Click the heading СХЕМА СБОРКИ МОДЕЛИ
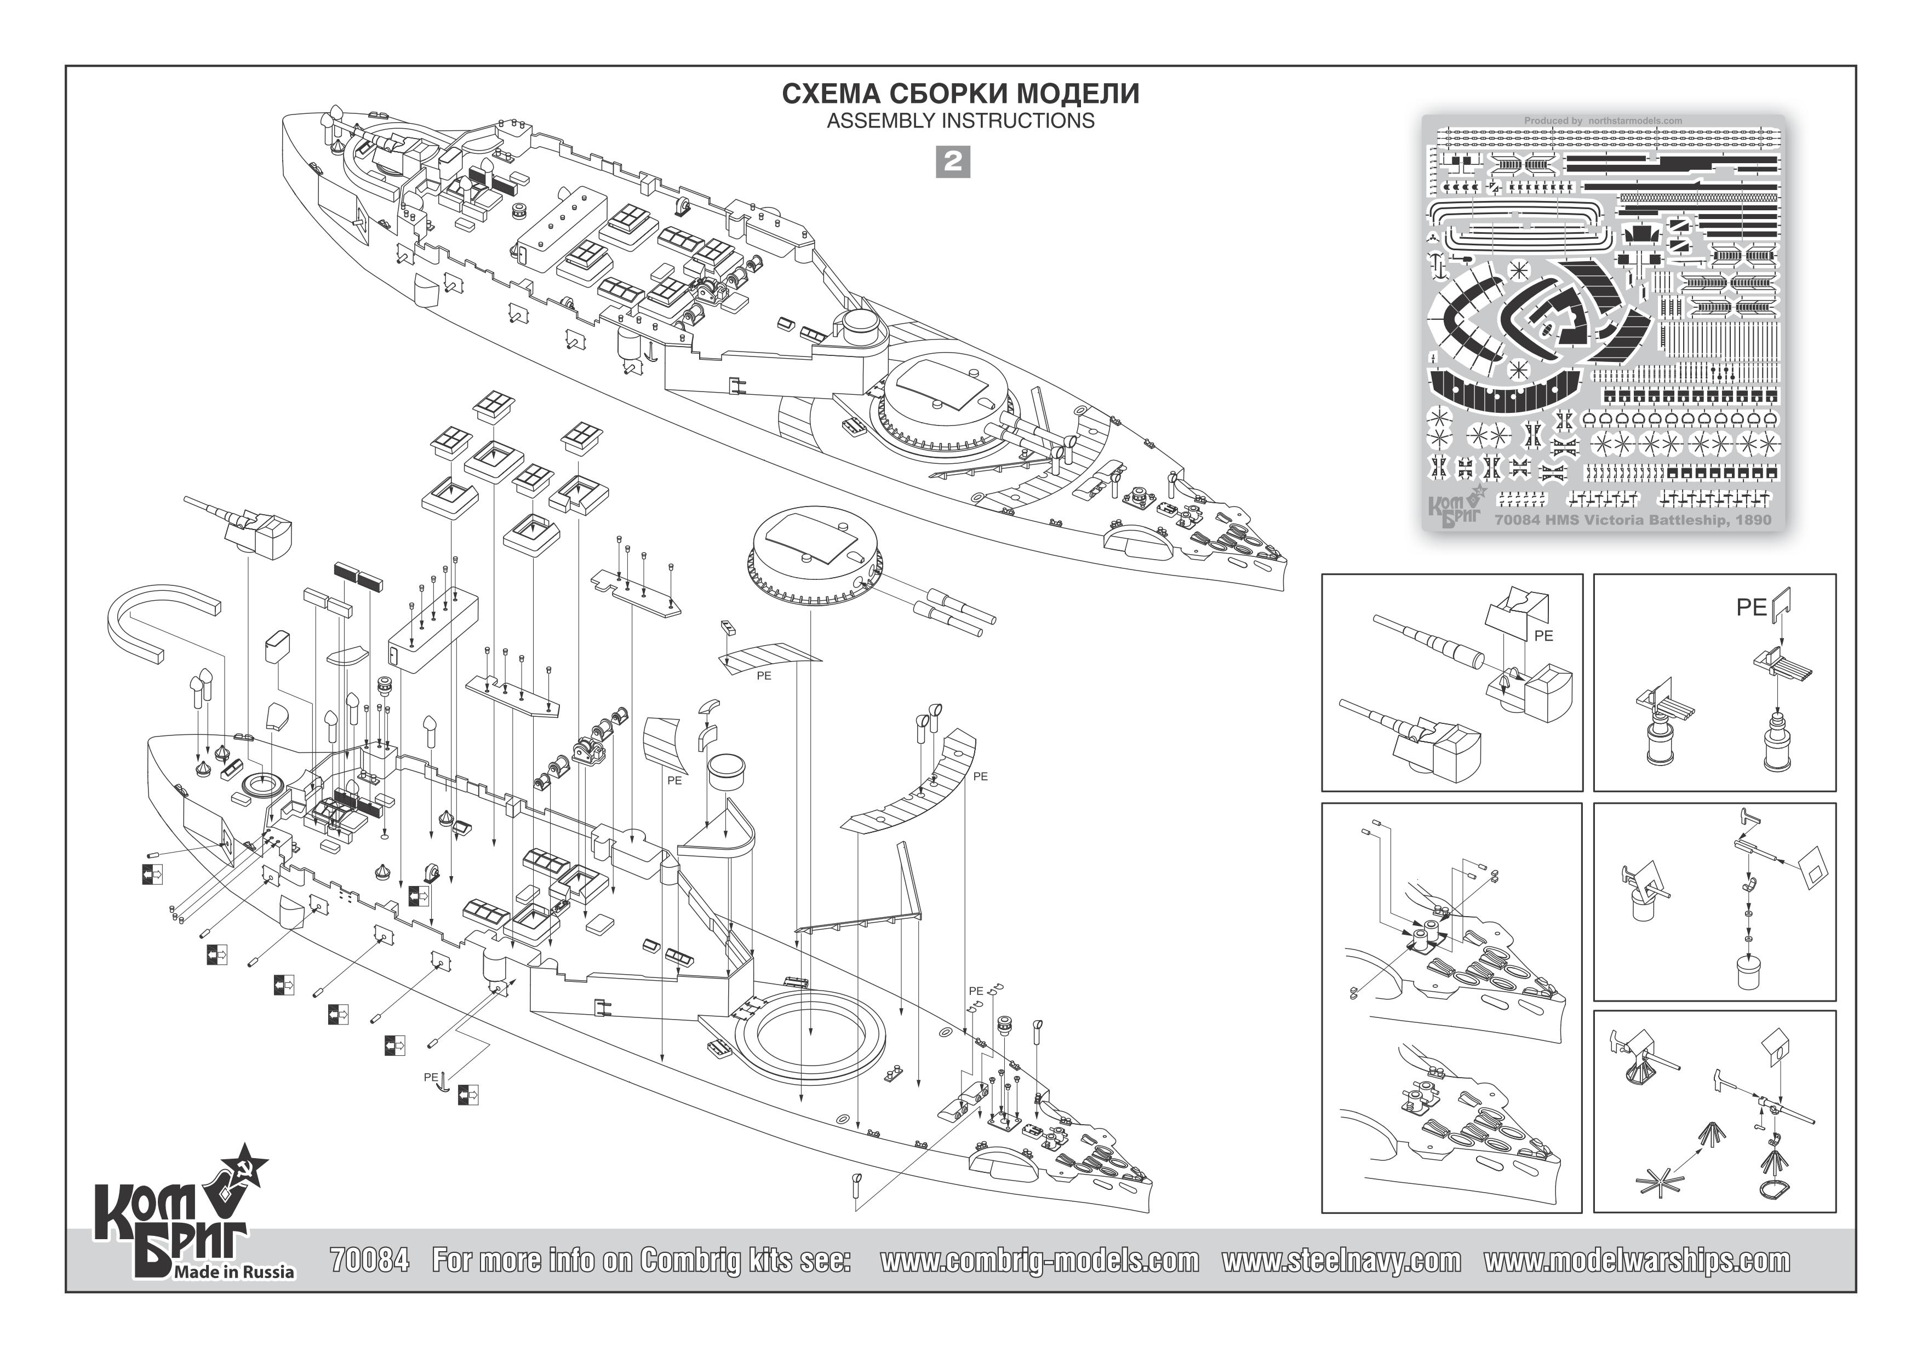[x=960, y=94]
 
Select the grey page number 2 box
[x=953, y=162]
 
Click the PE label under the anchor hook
[x=430, y=1077]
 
